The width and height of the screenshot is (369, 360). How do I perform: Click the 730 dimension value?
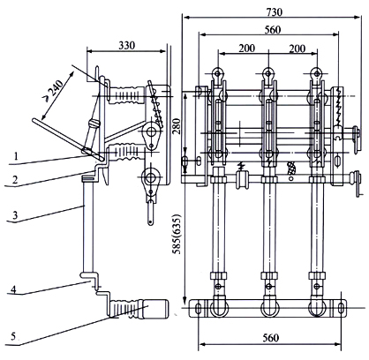coord(274,12)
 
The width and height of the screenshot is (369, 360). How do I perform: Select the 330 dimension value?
coord(127,45)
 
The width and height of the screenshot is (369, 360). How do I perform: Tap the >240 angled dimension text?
coord(53,88)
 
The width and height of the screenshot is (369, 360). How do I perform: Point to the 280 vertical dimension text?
coord(176,126)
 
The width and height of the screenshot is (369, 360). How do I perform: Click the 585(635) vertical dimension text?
coord(177,236)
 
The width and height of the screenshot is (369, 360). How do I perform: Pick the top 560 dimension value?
coord(273,30)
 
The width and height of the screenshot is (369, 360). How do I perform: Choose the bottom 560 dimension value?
coord(270,338)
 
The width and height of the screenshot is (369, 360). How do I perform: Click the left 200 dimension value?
coord(246,48)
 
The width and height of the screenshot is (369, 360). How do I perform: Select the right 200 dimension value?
coord(297,49)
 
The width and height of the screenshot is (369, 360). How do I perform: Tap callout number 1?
coord(16,156)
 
